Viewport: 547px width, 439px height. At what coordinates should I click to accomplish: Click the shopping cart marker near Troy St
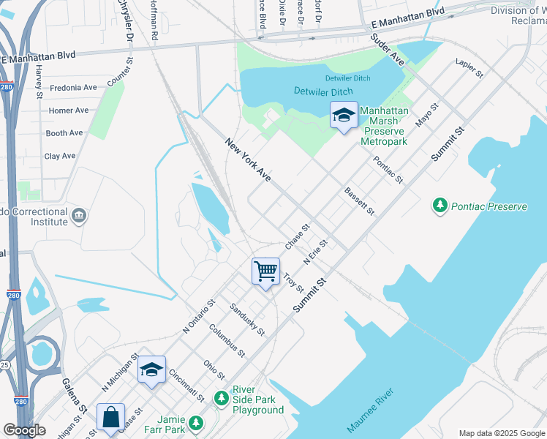(x=266, y=271)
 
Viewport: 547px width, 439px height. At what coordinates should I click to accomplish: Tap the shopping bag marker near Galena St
(x=110, y=418)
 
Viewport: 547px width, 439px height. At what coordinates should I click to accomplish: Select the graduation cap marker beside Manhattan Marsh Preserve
(x=344, y=115)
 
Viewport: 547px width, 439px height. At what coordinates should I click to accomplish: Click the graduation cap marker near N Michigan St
(x=151, y=369)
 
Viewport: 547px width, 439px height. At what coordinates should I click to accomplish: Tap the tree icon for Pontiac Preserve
(x=440, y=206)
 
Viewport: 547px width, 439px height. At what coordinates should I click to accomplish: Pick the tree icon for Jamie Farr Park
(x=195, y=423)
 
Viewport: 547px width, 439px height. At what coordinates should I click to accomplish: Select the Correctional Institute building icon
(x=79, y=217)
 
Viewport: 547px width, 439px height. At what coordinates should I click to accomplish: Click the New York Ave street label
(x=248, y=160)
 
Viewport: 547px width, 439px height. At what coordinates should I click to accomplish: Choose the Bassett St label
(x=359, y=201)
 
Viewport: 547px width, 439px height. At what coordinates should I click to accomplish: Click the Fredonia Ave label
(x=72, y=88)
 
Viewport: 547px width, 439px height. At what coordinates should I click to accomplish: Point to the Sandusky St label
(x=247, y=319)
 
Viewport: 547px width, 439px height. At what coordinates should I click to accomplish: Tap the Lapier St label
(x=469, y=69)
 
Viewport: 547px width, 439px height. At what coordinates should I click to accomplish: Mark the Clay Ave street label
(x=60, y=156)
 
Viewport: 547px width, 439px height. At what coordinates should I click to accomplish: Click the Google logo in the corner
(x=24, y=430)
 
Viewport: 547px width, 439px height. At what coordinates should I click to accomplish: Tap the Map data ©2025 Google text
(x=501, y=433)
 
